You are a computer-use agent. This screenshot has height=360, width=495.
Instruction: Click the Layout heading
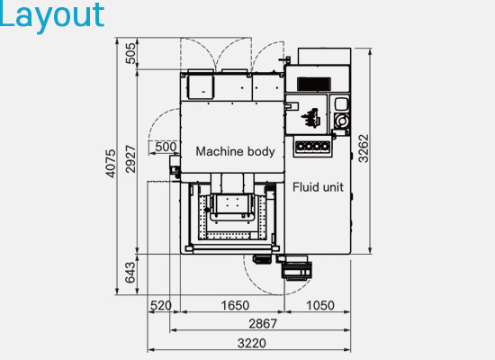[52, 16]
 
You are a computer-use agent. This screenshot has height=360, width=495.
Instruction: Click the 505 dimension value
[130, 53]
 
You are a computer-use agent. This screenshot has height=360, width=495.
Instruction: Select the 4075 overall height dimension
[110, 163]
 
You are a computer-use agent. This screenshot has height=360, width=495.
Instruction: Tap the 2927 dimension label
[130, 158]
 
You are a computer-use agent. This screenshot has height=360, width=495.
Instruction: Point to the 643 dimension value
[130, 273]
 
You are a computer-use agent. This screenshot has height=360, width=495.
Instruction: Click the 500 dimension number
[166, 147]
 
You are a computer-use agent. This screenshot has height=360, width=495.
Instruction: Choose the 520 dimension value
[161, 305]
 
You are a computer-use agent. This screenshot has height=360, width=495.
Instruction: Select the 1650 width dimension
[235, 305]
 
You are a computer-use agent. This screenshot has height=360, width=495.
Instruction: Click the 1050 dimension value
[320, 305]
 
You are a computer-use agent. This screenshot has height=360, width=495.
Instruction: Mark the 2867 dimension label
[263, 324]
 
